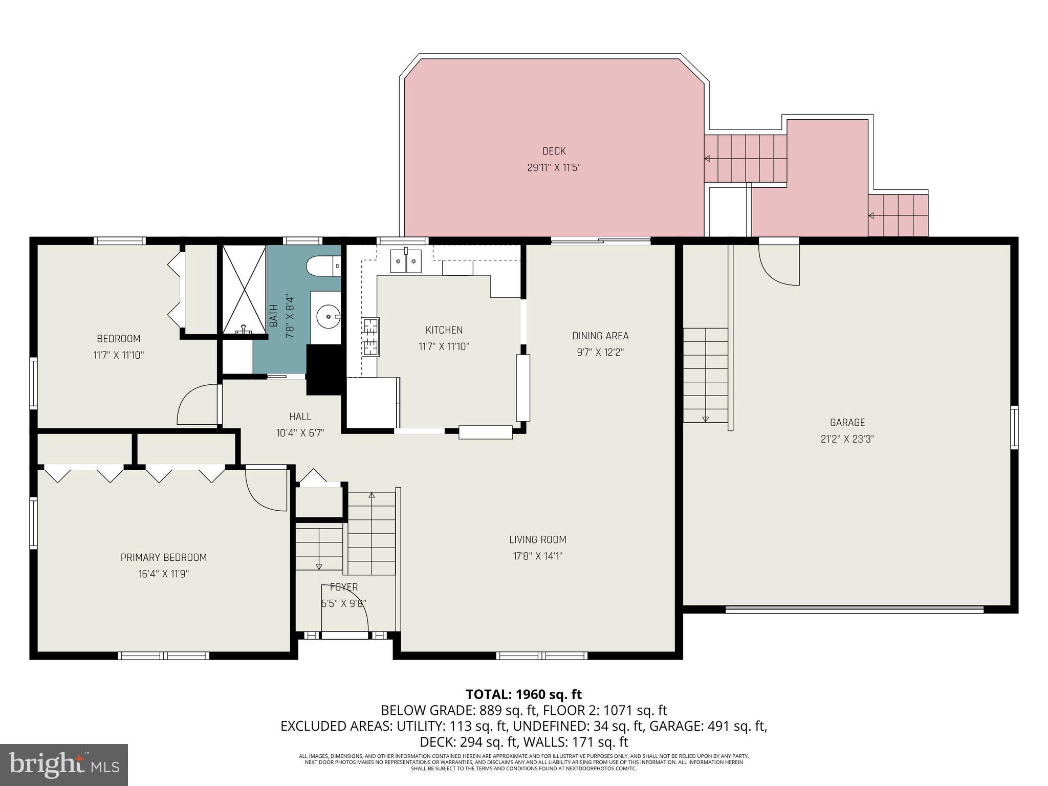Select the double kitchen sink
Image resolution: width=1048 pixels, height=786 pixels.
[x=406, y=261]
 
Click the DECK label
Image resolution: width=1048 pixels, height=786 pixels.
[x=554, y=151]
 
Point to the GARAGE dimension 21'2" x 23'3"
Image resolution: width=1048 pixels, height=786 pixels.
[x=847, y=439]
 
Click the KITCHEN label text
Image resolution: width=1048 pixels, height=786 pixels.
[x=444, y=330]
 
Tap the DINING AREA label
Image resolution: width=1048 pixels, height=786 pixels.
[x=600, y=336]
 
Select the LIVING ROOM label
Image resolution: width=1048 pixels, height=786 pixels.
[x=537, y=539]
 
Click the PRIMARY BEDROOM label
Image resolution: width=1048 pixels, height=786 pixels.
[x=164, y=557]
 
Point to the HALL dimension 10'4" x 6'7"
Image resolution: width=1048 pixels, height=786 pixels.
[x=300, y=433]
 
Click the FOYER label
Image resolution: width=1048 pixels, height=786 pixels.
[x=344, y=587]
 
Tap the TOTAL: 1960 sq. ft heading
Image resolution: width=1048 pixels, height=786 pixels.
[x=523, y=694]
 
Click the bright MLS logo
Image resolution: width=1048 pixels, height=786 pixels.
[x=63, y=765]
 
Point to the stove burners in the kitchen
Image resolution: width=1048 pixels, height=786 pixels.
[x=371, y=337]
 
